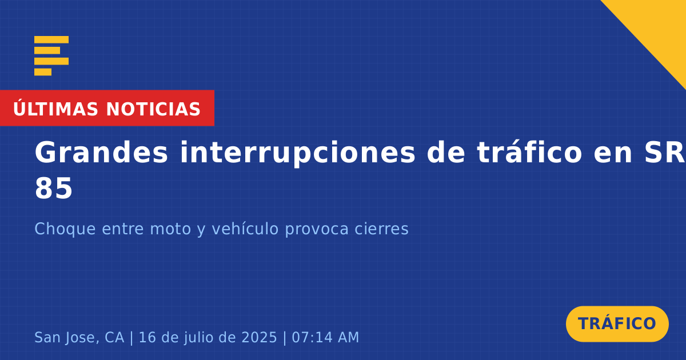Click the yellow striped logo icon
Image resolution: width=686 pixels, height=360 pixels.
pyautogui.click(x=51, y=56)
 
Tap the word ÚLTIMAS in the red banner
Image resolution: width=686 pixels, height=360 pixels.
pyautogui.click(x=55, y=109)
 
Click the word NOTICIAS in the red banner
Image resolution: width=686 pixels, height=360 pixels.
pyautogui.click(x=153, y=109)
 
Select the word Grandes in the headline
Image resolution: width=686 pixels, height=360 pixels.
pyautogui.click(x=101, y=152)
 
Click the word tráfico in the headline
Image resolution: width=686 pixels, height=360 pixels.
pyautogui.click(x=529, y=152)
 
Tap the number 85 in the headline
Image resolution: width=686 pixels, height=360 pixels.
pyautogui.click(x=54, y=188)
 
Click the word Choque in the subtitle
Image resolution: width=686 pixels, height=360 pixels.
pyautogui.click(x=65, y=229)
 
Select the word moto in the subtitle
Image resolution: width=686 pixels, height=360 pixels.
pyautogui.click(x=170, y=229)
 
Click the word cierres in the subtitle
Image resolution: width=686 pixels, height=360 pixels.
pyautogui.click(x=382, y=229)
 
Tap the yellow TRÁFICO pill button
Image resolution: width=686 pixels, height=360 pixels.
pyautogui.click(x=617, y=324)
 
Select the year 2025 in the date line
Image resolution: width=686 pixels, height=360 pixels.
pyautogui.click(x=260, y=337)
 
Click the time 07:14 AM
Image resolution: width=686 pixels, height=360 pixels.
pyautogui.click(x=325, y=337)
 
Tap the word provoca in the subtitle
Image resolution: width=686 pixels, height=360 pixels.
pyautogui.click(x=317, y=229)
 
